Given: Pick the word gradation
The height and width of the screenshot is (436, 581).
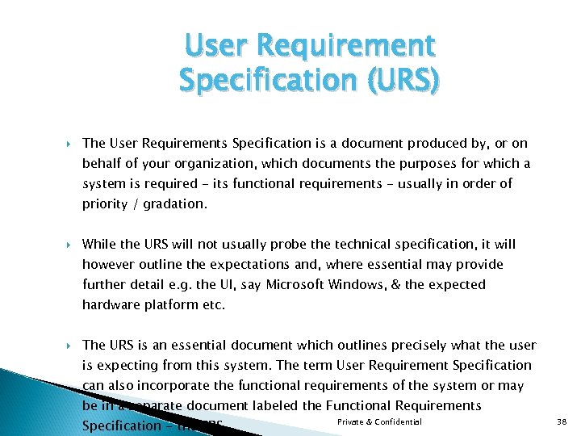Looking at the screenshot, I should click(x=175, y=204).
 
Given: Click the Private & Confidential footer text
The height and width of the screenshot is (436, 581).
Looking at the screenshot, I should click(x=379, y=422).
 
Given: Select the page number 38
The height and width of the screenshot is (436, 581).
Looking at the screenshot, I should click(x=563, y=422).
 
